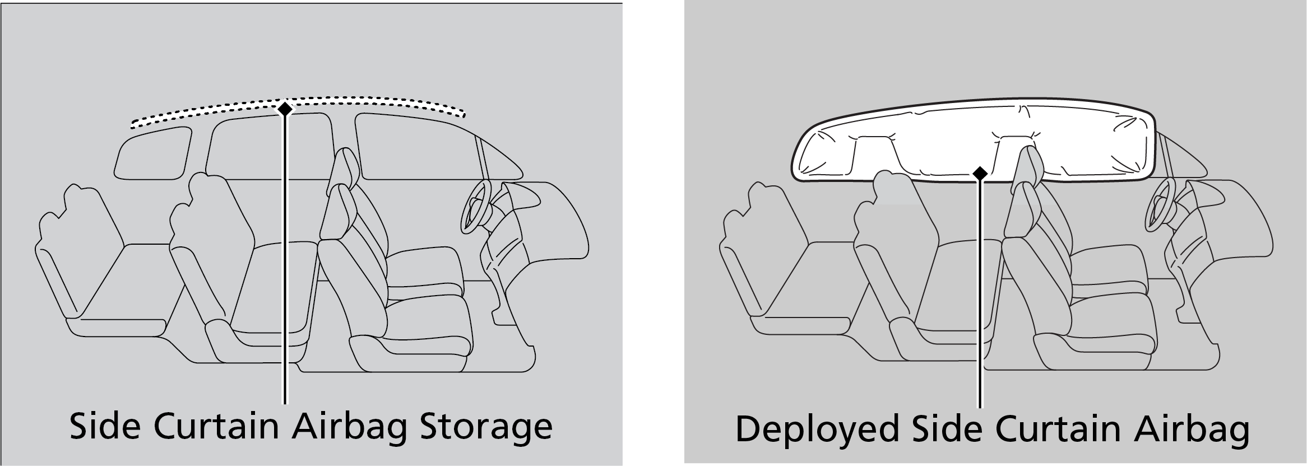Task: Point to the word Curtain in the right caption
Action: click(x=1072, y=429)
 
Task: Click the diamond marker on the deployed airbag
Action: click(x=980, y=174)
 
